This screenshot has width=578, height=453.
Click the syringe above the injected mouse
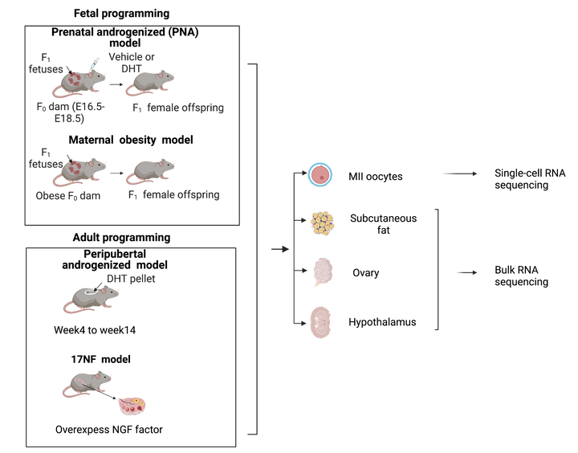(94, 62)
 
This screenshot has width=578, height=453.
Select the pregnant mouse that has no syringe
(84, 169)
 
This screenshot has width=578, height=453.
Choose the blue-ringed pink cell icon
(320, 174)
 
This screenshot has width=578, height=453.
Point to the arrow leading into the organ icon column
(279, 250)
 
